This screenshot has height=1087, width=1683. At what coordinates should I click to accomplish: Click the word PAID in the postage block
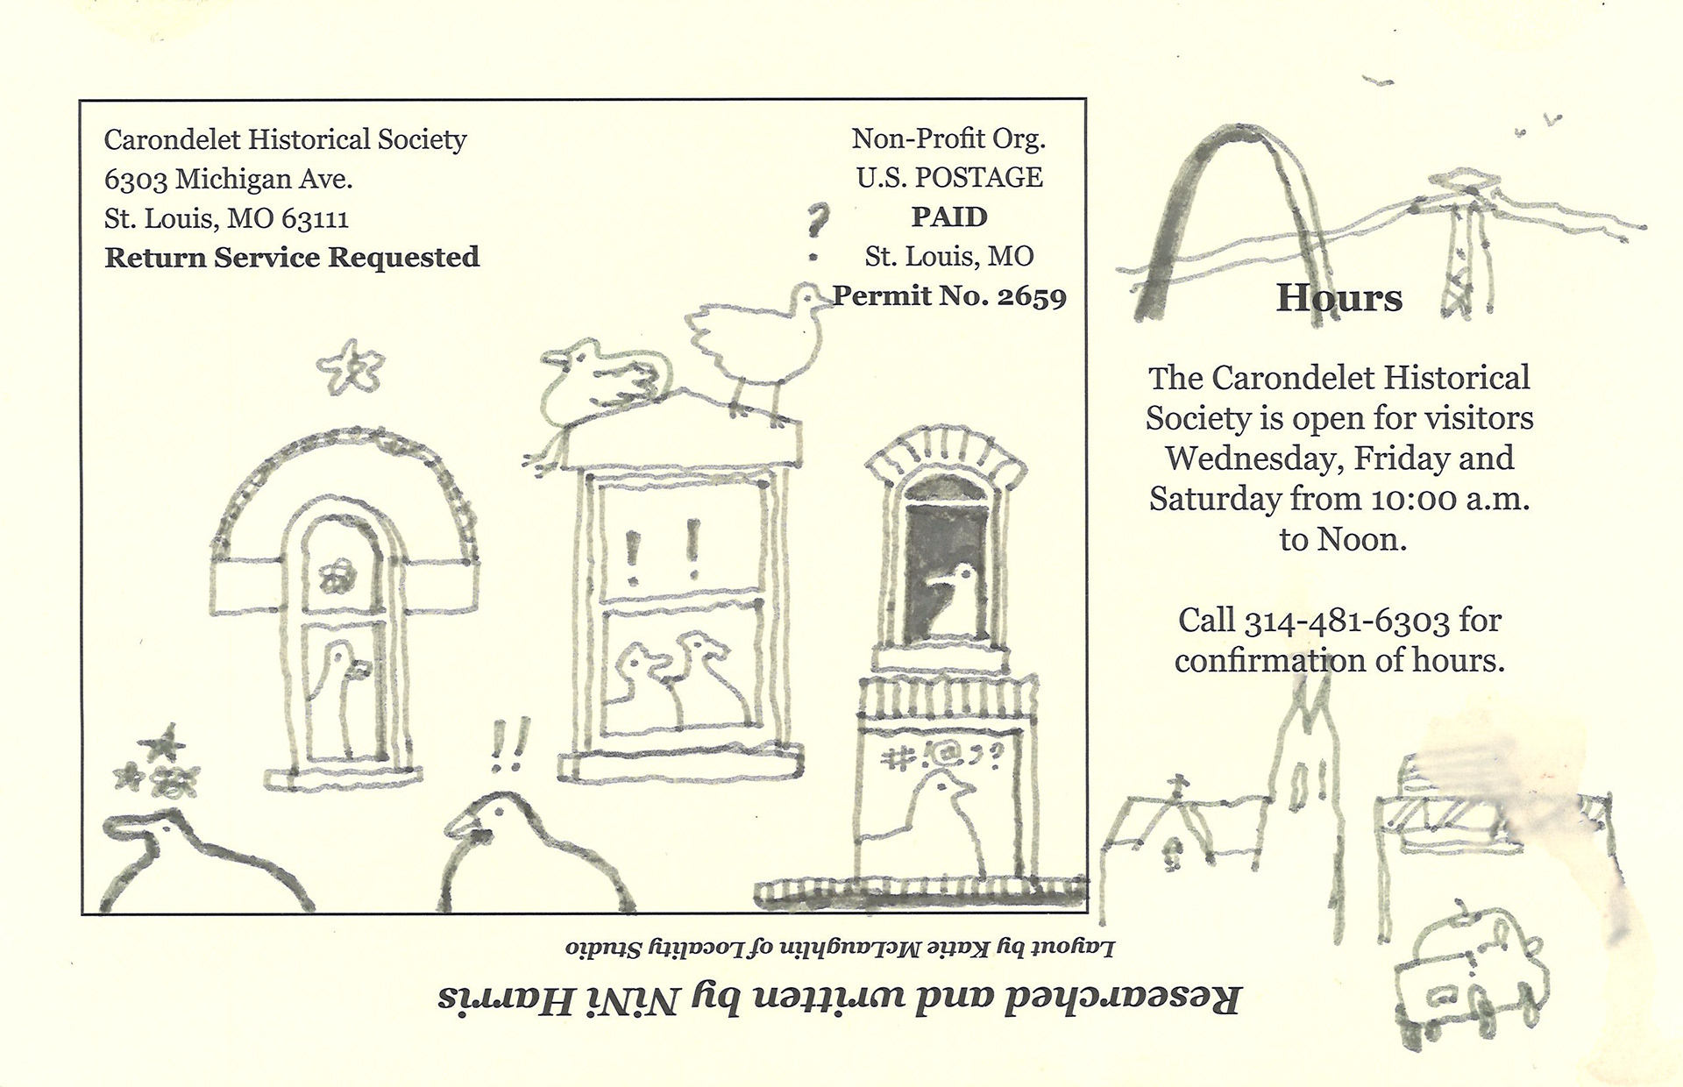click(949, 217)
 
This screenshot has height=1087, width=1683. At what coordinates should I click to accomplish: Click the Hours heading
click(1339, 298)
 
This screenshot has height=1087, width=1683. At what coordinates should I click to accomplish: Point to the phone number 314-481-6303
click(1347, 621)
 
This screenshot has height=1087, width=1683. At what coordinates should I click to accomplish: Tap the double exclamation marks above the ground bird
click(509, 745)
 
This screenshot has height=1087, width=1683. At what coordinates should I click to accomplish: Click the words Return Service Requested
click(292, 258)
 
